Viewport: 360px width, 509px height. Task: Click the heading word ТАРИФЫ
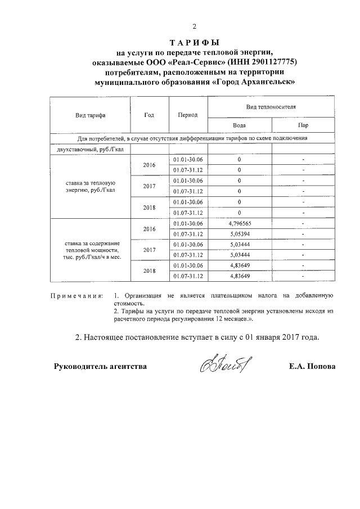194,42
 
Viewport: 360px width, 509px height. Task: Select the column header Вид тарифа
91,115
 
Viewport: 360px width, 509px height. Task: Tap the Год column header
149,115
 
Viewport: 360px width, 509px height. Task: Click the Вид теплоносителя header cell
272,106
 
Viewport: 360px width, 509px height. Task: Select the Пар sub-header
303,125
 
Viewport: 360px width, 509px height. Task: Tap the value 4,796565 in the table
240,223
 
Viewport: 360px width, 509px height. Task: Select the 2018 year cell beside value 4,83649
149,271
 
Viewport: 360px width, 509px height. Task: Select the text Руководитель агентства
100,366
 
